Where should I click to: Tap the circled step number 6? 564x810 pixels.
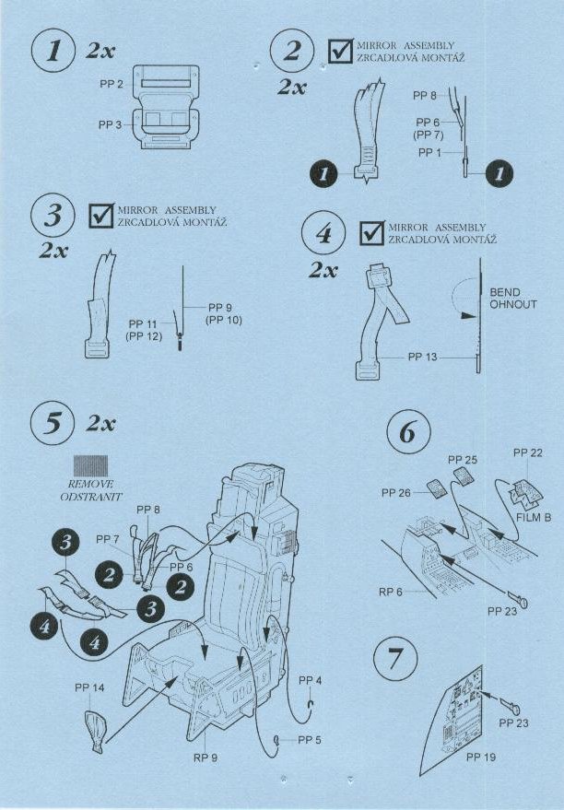[408, 432]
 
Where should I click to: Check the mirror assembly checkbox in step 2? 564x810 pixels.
[341, 50]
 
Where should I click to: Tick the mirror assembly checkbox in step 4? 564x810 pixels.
[372, 232]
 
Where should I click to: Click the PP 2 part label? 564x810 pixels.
[112, 84]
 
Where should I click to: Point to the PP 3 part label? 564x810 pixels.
[110, 125]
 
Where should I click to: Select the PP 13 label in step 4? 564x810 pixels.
[422, 357]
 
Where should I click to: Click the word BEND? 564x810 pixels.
[505, 292]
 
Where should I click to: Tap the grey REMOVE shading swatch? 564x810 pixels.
[91, 465]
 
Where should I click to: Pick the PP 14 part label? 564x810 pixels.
[89, 687]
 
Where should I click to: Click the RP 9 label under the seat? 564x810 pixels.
[206, 757]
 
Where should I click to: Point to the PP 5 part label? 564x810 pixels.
[310, 740]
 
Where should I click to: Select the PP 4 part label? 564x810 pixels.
[310, 681]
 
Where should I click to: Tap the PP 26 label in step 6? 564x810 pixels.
[396, 493]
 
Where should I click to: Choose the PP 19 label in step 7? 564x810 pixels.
[481, 757]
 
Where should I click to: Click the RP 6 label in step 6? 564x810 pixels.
[391, 592]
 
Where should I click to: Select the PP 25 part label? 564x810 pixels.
[463, 460]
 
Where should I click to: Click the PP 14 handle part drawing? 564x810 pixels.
[96, 730]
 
